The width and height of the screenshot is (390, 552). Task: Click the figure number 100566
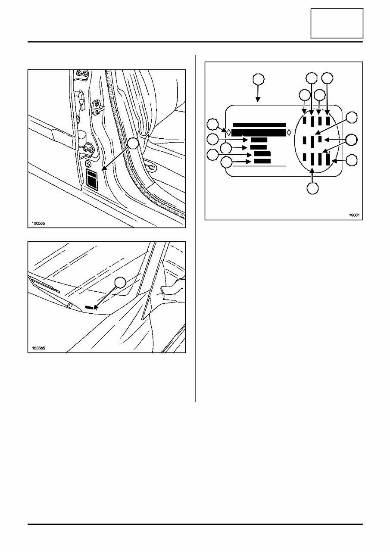click(38, 224)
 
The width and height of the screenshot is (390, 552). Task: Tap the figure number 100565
click(38, 348)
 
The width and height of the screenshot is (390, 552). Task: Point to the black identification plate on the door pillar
click(93, 179)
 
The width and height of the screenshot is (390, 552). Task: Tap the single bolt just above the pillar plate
click(88, 164)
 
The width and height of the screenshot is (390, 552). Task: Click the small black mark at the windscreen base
click(89, 308)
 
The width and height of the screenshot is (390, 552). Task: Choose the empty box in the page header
click(337, 23)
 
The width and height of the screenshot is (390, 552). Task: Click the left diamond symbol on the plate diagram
click(229, 132)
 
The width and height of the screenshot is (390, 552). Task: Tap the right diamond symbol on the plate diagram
click(288, 132)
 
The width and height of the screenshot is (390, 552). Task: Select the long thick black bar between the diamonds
click(259, 132)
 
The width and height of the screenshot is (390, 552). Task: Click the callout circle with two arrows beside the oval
click(352, 140)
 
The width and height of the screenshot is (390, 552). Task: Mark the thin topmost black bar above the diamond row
click(259, 125)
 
